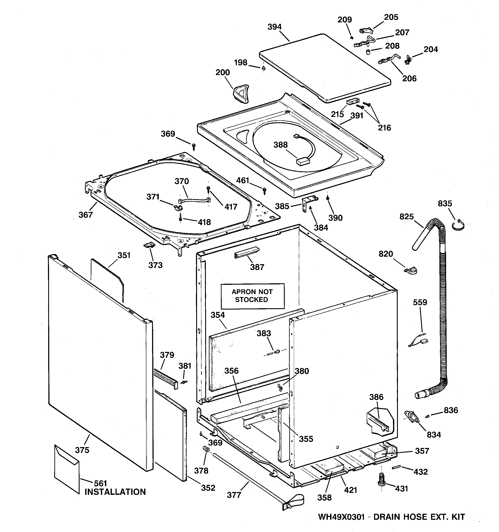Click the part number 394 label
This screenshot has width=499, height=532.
pyautogui.click(x=274, y=27)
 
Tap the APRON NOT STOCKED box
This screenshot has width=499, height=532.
pyautogui.click(x=252, y=296)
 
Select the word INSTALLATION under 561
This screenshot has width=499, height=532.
pyautogui.click(x=115, y=492)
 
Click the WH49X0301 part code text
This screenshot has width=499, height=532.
pyautogui.click(x=341, y=524)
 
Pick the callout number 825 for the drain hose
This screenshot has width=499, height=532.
pyautogui.click(x=406, y=216)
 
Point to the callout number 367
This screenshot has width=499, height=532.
pyautogui.click(x=85, y=215)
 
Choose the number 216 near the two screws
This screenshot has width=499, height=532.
pyautogui.click(x=384, y=128)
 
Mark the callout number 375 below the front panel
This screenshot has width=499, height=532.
pyautogui.click(x=82, y=450)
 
